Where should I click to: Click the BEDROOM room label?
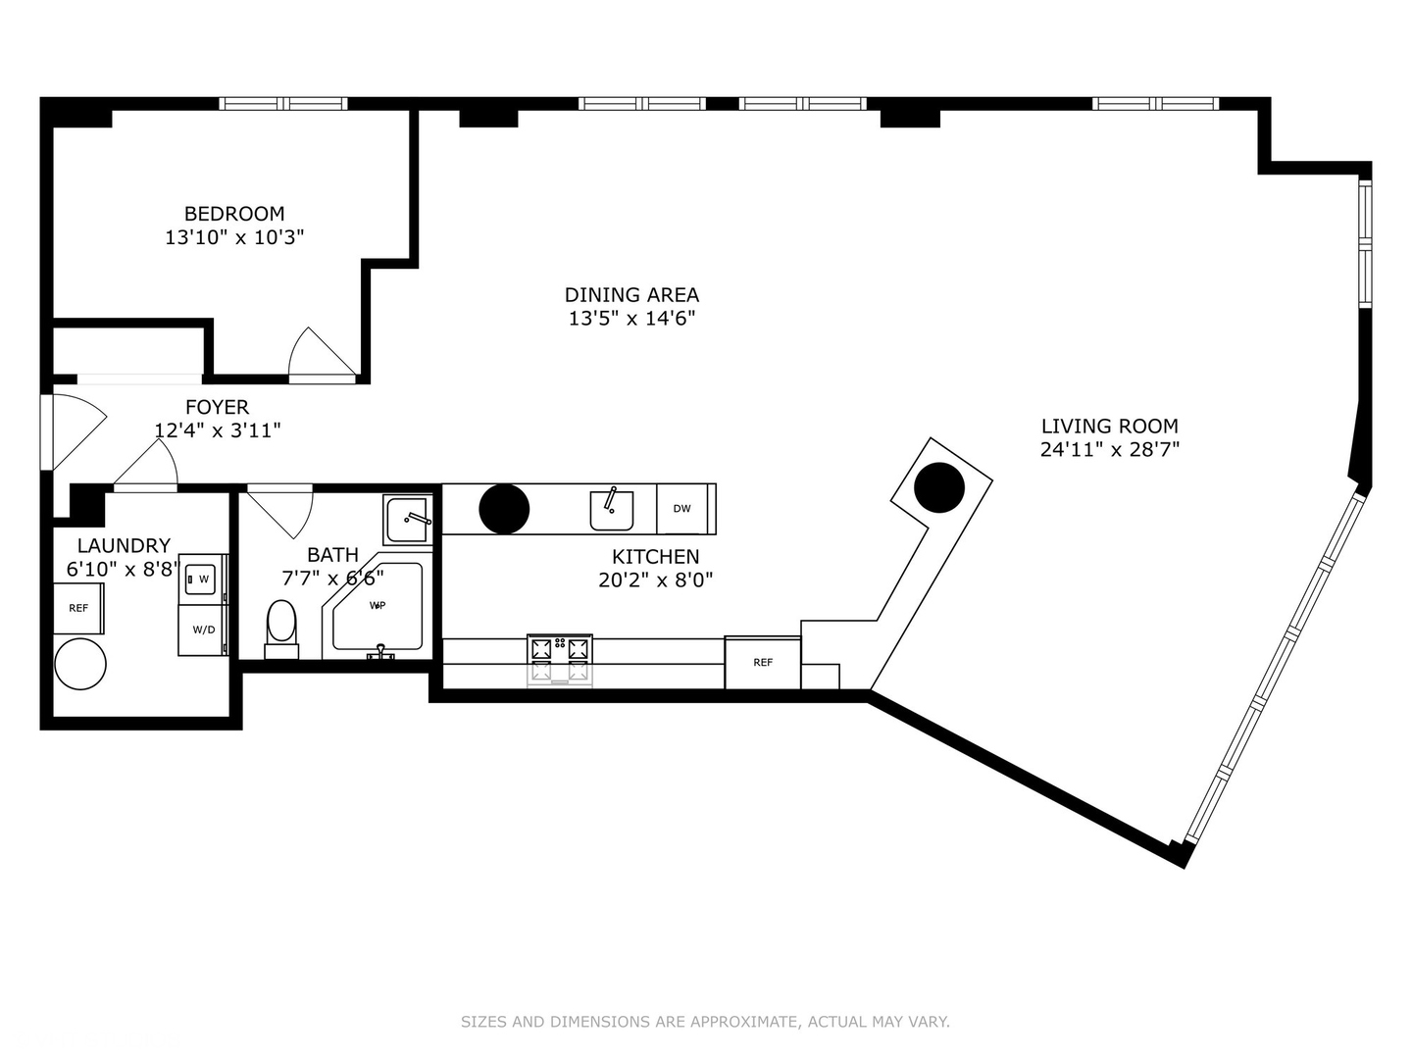coord(234,213)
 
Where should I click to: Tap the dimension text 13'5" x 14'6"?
coord(631,319)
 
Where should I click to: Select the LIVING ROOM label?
coord(1110,426)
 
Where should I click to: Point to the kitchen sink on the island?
coord(611,511)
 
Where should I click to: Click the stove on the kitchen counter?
coord(560,660)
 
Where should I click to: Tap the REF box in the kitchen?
coord(763,662)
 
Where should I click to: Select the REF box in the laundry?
coord(78,608)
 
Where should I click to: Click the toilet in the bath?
coord(281,630)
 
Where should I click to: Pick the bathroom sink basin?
coord(408,519)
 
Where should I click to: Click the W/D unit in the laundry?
coord(203,630)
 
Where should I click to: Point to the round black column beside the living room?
coord(939,487)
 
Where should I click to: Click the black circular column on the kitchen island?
coord(504,509)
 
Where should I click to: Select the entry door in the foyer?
coord(74,431)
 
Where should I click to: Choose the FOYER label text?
coord(218,407)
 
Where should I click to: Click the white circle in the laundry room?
coord(80,664)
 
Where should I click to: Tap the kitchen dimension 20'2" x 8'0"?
coord(656,580)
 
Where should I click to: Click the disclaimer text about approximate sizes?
coord(705,1022)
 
